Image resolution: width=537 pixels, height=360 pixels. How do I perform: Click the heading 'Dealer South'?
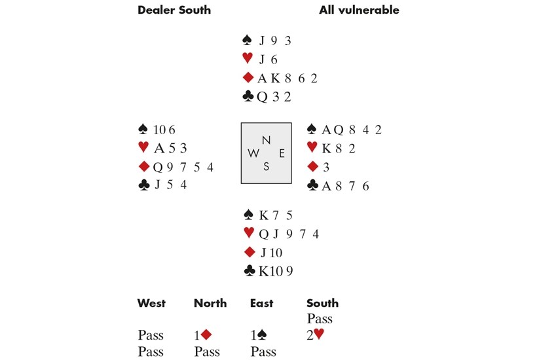[174, 10]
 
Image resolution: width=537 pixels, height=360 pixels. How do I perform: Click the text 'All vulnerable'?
[359, 10]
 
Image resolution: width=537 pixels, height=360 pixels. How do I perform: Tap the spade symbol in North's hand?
[247, 40]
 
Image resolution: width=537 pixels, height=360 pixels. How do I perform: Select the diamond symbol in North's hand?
[248, 78]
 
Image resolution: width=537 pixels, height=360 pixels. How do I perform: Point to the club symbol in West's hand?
[144, 185]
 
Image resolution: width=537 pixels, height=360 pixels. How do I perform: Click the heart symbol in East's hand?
[312, 147]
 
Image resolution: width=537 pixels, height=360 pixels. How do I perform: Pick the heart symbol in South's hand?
[249, 233]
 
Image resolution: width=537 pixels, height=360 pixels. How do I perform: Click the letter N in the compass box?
[266, 140]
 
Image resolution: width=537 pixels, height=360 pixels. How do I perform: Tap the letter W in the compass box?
[253, 153]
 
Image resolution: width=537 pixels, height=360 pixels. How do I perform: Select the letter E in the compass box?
[282, 153]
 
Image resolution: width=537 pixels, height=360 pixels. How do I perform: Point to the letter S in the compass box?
[266, 167]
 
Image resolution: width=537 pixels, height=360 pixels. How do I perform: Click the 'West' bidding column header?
[151, 303]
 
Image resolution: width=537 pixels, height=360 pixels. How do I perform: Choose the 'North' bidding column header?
[210, 303]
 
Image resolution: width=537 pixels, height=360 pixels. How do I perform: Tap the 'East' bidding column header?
[262, 303]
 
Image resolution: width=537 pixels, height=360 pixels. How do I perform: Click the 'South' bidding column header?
[322, 303]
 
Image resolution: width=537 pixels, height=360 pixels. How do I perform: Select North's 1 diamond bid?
[203, 335]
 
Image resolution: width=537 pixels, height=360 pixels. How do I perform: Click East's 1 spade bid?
[259, 335]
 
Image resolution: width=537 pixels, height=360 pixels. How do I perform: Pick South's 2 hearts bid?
[315, 334]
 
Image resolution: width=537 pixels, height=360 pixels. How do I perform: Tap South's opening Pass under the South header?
[320, 319]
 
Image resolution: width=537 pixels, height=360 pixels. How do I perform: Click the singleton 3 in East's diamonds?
[326, 167]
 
